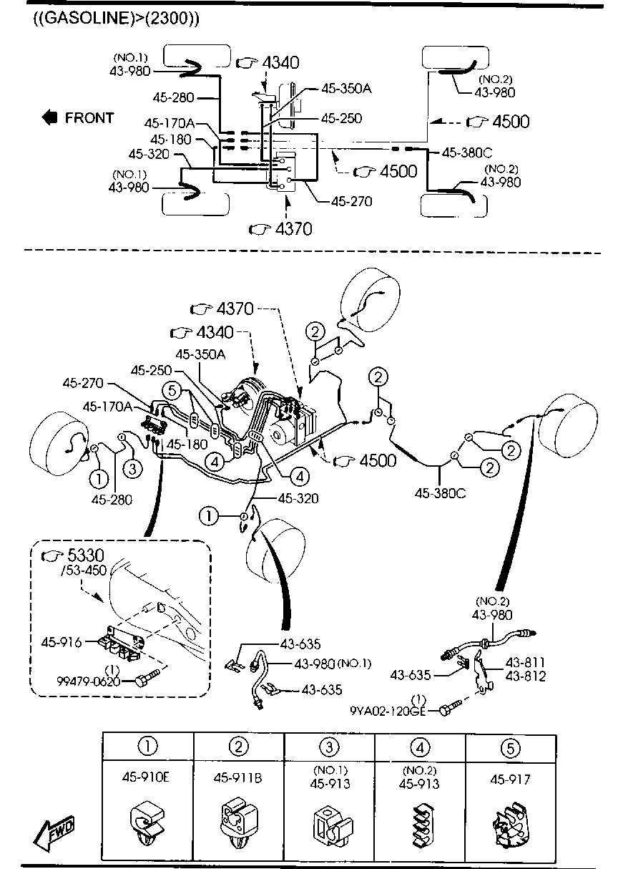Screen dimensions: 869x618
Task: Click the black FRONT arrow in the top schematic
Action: tap(49, 117)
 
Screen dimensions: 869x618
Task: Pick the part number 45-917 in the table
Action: tap(510, 780)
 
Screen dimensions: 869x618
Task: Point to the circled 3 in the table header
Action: tap(328, 747)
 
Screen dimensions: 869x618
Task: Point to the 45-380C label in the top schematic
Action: tap(467, 152)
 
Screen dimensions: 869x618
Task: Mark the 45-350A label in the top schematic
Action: tap(346, 89)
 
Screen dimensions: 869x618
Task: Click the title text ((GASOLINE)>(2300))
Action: tap(115, 19)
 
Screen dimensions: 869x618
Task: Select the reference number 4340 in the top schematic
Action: tap(280, 63)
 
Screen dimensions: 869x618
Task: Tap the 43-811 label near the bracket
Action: tap(526, 663)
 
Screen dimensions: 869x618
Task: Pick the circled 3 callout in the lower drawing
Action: tap(133, 469)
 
